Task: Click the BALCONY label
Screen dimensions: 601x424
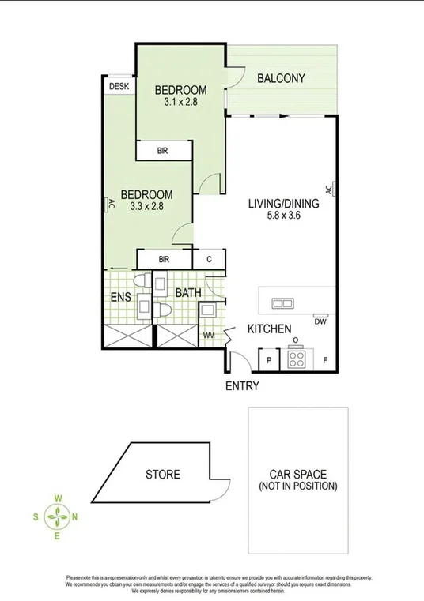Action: [282, 78]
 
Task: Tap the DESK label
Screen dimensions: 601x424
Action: [119, 86]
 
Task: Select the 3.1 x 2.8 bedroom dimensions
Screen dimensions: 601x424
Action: [180, 102]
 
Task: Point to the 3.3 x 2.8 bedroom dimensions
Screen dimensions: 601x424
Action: [146, 207]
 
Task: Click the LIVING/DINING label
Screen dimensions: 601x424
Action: [283, 204]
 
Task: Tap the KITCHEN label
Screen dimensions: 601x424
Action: [271, 329]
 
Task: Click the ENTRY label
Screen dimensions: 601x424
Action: [242, 386]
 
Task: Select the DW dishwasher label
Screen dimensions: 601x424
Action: [320, 321]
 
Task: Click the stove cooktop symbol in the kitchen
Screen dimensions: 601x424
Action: [297, 359]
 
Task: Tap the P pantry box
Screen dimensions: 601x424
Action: [270, 362]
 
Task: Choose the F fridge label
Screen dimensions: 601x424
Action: [325, 362]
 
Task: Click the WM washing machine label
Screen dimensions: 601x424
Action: [210, 336]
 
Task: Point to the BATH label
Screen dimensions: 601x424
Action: [188, 293]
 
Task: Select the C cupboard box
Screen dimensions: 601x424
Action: [210, 259]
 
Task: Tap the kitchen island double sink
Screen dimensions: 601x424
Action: [281, 302]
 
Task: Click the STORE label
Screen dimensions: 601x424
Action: [162, 475]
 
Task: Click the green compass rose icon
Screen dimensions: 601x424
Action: [58, 517]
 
